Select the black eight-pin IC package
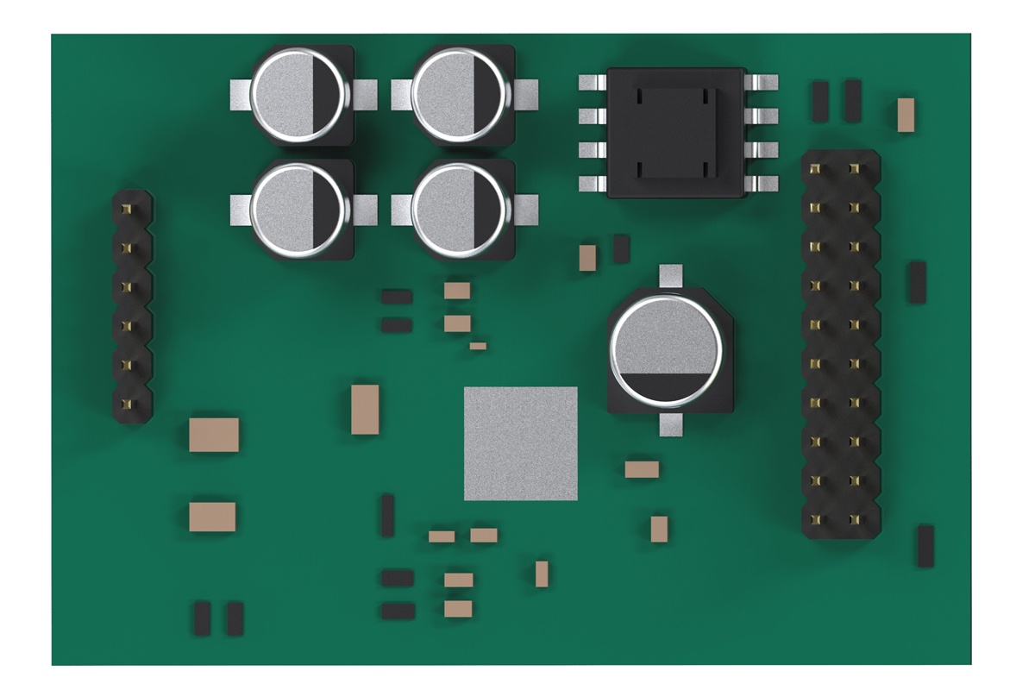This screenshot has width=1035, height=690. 677,133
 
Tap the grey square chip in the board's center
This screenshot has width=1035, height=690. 520,443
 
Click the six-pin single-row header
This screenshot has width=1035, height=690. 132,306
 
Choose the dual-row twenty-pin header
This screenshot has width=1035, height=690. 841,345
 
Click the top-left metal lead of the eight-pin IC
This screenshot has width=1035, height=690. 591,83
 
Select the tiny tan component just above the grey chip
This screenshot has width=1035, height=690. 478,346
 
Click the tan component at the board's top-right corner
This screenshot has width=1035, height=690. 905,115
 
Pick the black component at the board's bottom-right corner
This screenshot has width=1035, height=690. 925,545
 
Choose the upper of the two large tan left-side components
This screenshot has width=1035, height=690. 213,434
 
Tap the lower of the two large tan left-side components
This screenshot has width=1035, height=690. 212,516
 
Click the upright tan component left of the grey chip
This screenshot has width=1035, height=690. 365,410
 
